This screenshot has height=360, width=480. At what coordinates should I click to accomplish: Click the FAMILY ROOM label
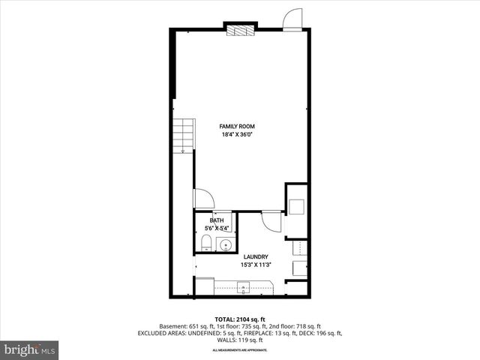236,126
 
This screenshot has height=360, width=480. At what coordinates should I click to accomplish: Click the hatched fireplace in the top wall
241,31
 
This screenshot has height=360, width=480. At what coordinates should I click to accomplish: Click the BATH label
217,220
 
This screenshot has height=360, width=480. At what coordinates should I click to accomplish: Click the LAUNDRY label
256,257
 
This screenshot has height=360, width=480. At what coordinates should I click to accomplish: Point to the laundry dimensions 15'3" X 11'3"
256,265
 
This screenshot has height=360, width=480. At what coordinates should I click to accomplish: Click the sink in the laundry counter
243,286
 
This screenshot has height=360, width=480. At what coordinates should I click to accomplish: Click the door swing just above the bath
203,198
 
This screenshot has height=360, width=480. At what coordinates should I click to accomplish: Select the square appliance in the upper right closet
296,208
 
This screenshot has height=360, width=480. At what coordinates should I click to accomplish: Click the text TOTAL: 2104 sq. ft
239,319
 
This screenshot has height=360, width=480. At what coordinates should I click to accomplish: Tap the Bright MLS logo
30,349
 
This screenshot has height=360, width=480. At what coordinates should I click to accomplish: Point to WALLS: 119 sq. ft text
239,340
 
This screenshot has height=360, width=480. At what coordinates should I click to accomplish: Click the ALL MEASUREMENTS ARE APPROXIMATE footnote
239,350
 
